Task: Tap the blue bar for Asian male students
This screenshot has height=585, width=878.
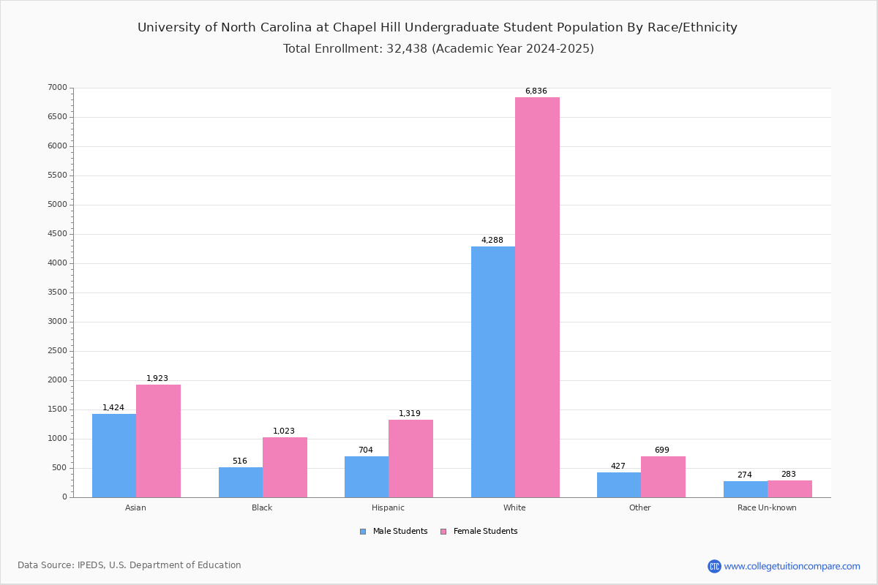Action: point(114,455)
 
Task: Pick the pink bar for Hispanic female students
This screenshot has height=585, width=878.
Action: point(410,458)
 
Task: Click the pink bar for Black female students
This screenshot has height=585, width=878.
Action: point(285,467)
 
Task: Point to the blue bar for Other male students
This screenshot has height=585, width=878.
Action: point(619,485)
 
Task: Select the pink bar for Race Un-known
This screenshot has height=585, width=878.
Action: point(789,488)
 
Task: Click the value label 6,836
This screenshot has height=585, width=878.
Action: point(536,91)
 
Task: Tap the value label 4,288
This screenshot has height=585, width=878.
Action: point(492,241)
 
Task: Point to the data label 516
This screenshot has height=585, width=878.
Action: point(240,461)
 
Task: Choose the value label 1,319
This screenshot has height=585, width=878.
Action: point(410,414)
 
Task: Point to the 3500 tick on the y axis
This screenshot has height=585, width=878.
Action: point(56,292)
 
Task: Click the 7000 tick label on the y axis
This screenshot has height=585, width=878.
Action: point(56,88)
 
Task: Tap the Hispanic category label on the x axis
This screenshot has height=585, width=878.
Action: point(388,507)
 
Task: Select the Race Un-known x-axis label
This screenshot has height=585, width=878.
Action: point(767,507)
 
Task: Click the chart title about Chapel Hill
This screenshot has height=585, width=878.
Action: point(438,28)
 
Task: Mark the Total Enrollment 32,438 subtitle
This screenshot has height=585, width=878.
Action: point(438,49)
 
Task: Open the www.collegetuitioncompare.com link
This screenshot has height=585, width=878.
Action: point(792,566)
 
